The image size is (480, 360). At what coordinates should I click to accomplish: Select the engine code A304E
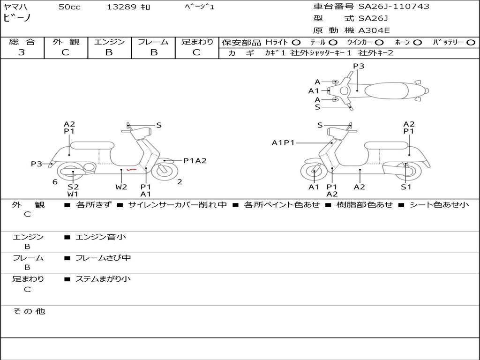coord(374,31)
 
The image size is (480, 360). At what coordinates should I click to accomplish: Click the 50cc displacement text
coord(69,7)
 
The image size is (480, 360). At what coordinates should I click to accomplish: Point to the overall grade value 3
coord(22,52)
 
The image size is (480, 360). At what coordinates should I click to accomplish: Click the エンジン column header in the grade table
coord(109,42)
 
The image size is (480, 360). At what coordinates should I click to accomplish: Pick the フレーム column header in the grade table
coord(153,42)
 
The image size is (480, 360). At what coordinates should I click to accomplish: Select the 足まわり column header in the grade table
coord(197,42)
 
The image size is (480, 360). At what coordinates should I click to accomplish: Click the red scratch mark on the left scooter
coord(132,169)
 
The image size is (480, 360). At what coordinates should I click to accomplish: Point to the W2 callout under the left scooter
coord(121,187)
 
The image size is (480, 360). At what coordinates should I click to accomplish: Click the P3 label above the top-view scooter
coord(359,66)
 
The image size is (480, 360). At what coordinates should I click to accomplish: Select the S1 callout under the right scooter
coord(406,187)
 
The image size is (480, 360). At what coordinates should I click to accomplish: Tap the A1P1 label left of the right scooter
coord(283,142)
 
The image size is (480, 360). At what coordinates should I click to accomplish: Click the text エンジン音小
coord(101,237)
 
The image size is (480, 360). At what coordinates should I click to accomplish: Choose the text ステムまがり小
coord(103,279)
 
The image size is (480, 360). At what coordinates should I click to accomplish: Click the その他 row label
coord(29,311)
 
